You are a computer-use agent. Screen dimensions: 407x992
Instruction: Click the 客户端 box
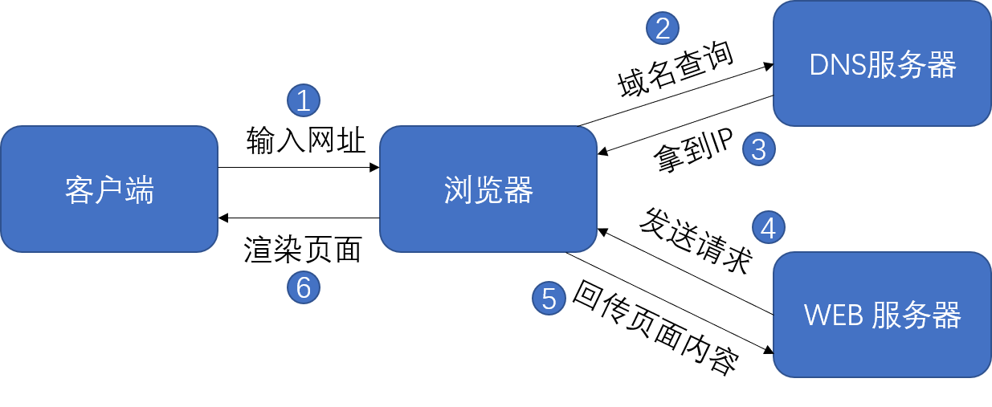click(x=109, y=189)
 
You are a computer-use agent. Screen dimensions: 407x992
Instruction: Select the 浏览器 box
click(x=488, y=189)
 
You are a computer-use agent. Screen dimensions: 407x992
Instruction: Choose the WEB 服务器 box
click(x=882, y=315)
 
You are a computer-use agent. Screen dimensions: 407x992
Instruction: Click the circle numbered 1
click(x=304, y=101)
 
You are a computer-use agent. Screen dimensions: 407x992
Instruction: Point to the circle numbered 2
click(x=663, y=29)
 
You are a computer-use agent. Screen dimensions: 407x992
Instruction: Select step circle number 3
click(x=759, y=149)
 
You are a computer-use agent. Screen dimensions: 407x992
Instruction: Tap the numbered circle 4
click(x=769, y=228)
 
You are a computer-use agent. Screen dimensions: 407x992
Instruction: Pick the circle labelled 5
click(x=549, y=299)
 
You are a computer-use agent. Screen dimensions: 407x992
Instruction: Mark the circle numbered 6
click(x=304, y=287)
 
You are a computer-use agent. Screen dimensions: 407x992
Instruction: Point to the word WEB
click(x=832, y=315)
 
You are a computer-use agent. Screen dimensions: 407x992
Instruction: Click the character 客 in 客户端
click(x=80, y=190)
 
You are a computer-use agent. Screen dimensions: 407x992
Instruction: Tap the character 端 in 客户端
click(x=139, y=190)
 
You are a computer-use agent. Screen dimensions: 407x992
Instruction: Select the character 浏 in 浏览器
click(x=459, y=190)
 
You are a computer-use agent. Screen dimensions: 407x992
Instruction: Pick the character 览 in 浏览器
click(x=488, y=190)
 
